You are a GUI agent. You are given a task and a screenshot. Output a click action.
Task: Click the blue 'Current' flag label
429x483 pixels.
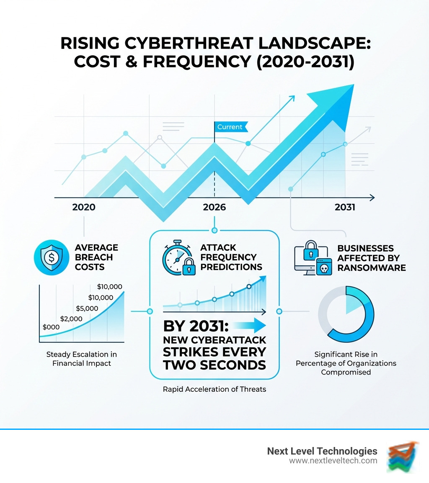pyautogui.click(x=230, y=127)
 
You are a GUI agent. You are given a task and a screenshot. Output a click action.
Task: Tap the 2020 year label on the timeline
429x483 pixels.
pyautogui.click(x=84, y=207)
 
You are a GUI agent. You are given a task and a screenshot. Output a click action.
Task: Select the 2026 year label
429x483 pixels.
pyautogui.click(x=214, y=207)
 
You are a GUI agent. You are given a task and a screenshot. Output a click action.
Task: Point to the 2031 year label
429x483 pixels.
pyautogui.click(x=345, y=207)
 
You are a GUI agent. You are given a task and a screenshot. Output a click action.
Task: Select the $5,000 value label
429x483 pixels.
pyautogui.click(x=87, y=309)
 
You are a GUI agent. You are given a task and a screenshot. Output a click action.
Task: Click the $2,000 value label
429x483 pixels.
pyautogui.click(x=72, y=319)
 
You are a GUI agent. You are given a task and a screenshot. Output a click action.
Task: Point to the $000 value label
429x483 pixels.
pyautogui.click(x=51, y=327)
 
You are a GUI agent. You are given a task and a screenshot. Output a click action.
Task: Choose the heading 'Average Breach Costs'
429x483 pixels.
pyautogui.click(x=96, y=257)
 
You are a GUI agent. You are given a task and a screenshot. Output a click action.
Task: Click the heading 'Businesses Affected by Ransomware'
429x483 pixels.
pyautogui.click(x=371, y=258)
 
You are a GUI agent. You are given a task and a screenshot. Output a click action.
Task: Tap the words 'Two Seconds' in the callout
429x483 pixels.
pyautogui.click(x=215, y=365)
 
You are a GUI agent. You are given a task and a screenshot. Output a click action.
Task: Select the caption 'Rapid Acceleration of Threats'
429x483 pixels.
pyautogui.click(x=214, y=389)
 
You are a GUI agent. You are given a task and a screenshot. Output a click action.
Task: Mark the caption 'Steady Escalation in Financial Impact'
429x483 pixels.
pyautogui.click(x=82, y=359)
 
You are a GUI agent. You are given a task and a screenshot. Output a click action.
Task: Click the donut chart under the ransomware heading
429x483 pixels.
pyautogui.click(x=346, y=312)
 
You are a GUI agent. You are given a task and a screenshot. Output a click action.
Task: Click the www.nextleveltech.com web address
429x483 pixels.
pyautogui.click(x=333, y=461)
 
